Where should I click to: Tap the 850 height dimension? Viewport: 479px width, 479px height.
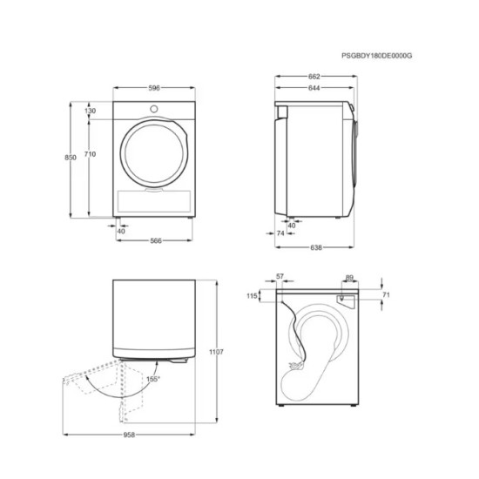[x=57, y=158]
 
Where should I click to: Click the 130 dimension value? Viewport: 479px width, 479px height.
[x=91, y=111]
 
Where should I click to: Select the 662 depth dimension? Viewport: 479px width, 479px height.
[x=314, y=76]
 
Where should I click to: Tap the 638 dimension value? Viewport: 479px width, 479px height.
[x=317, y=247]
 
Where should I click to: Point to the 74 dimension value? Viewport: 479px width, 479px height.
[x=280, y=233]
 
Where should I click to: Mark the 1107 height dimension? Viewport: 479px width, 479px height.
[x=217, y=352]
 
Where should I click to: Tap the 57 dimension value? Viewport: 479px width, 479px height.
[x=280, y=277]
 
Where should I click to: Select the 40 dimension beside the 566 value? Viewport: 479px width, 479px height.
[x=120, y=231]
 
